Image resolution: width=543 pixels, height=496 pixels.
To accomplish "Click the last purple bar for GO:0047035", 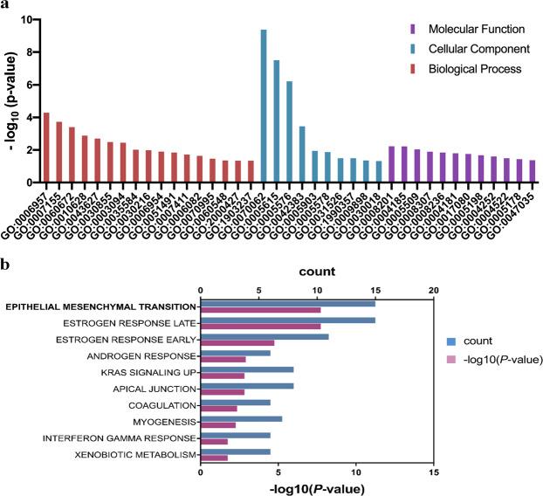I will coord(508,171).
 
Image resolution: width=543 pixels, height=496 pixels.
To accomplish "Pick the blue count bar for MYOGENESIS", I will coord(241,419).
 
